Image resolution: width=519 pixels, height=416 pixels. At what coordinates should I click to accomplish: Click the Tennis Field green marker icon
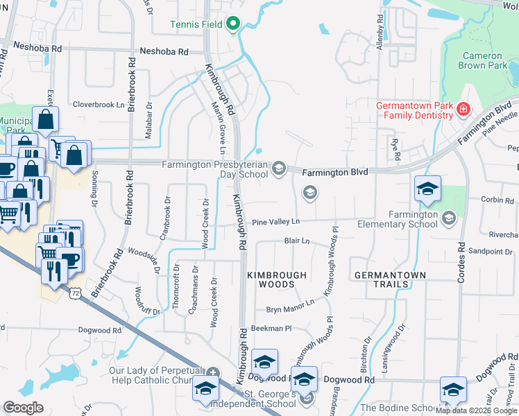pyautogui.click(x=233, y=25)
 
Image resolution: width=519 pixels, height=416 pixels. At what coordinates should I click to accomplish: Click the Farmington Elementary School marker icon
pyautogui.click(x=448, y=218)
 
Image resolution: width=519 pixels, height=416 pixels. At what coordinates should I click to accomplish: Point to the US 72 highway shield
pyautogui.click(x=74, y=294)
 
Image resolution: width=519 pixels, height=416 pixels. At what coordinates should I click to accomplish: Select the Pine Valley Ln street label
pyautogui.click(x=275, y=222)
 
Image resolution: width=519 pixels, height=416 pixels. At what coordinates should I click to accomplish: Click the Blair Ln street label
pyautogui.click(x=296, y=241)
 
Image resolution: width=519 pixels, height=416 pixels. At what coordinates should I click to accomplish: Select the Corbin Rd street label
pyautogui.click(x=497, y=200)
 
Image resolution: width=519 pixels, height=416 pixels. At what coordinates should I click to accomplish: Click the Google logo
pyautogui.click(x=23, y=407)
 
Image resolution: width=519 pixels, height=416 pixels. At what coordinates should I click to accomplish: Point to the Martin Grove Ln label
pyautogui.click(x=219, y=128)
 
